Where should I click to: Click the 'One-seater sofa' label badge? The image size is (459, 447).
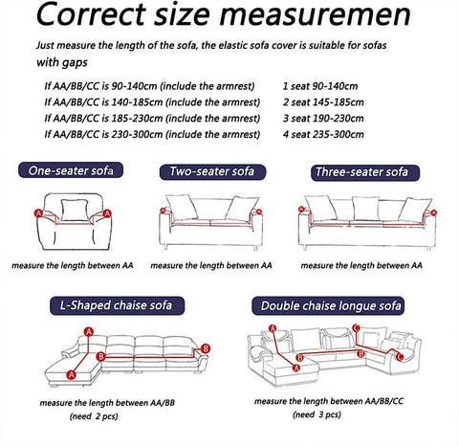[71, 170]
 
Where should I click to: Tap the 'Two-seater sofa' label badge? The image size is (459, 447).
[212, 171]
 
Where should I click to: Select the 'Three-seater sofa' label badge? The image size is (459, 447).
[365, 172]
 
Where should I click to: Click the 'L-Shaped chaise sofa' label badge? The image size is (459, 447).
[117, 305]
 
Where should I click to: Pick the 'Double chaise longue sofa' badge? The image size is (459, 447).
[328, 305]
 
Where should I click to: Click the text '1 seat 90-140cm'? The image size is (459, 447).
[320, 86]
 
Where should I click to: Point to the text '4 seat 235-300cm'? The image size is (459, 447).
[323, 134]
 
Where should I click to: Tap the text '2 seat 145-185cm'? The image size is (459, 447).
[323, 102]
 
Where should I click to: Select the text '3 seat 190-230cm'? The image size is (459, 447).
[323, 119]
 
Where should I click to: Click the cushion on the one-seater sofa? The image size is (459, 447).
[75, 210]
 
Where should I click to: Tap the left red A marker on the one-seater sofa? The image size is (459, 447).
[38, 213]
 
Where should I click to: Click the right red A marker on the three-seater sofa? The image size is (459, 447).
[433, 212]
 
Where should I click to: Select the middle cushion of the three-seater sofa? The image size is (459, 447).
[365, 208]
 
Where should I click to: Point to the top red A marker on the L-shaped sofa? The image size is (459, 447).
[89, 332]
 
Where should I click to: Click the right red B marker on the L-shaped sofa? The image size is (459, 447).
[206, 348]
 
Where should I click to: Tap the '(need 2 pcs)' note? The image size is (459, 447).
[94, 416]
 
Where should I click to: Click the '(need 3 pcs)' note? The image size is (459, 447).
[317, 414]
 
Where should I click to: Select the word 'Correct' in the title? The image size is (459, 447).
[91, 14]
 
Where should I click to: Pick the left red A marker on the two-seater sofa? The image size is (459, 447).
[163, 211]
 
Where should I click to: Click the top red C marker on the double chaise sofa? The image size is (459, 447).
[357, 327]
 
